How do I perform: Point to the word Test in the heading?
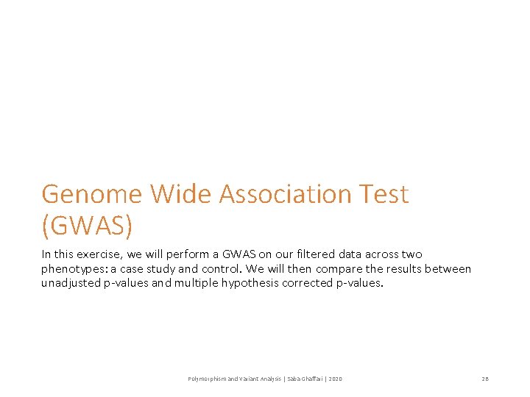pyautogui.click(x=381, y=194)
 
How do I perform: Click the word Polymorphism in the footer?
pyautogui.click(x=208, y=379)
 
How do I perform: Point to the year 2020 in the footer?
pyautogui.click(x=336, y=379)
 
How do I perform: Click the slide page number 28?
pyautogui.click(x=485, y=379)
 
